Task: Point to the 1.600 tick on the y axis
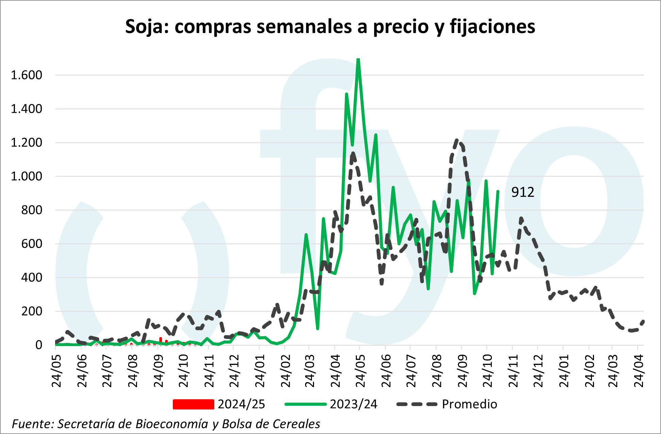pos(27,75)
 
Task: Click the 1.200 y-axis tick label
pos(27,143)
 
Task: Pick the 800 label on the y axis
pos(32,210)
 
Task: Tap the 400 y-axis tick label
pos(32,278)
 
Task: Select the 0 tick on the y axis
pos(39,345)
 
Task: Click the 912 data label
pos(523,192)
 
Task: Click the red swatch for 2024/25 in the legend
pos(193,404)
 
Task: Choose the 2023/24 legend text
pos(353,404)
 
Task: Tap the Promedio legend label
pos(469,404)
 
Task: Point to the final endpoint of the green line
pos(498,191)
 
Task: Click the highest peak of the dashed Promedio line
pos(457,140)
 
